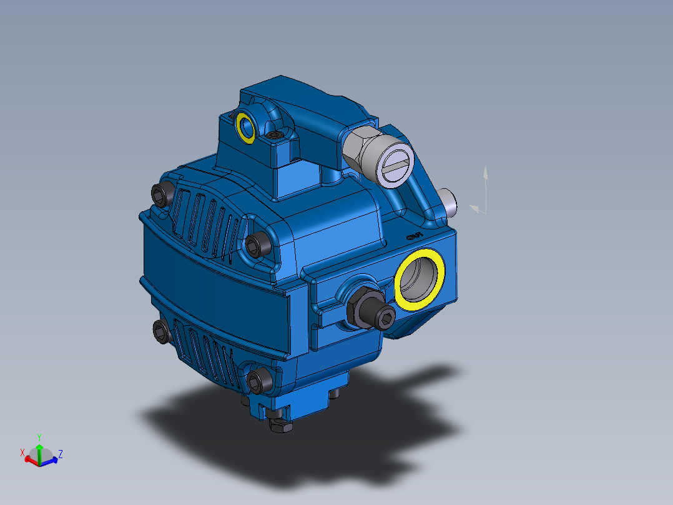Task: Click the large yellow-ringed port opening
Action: tap(420, 279)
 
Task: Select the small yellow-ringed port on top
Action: tap(245, 127)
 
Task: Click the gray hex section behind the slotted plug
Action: tap(358, 147)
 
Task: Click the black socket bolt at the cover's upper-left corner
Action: tap(162, 196)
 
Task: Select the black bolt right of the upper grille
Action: tap(256, 244)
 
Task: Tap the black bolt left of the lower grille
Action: tap(162, 331)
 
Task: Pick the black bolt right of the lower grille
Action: tap(257, 379)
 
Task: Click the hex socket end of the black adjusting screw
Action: tap(385, 321)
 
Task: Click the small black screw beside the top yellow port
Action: tap(274, 135)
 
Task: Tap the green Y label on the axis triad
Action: tap(39, 436)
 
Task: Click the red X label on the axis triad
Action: tap(22, 452)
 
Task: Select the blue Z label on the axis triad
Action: tap(61, 453)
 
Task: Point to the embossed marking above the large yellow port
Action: tap(413, 236)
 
